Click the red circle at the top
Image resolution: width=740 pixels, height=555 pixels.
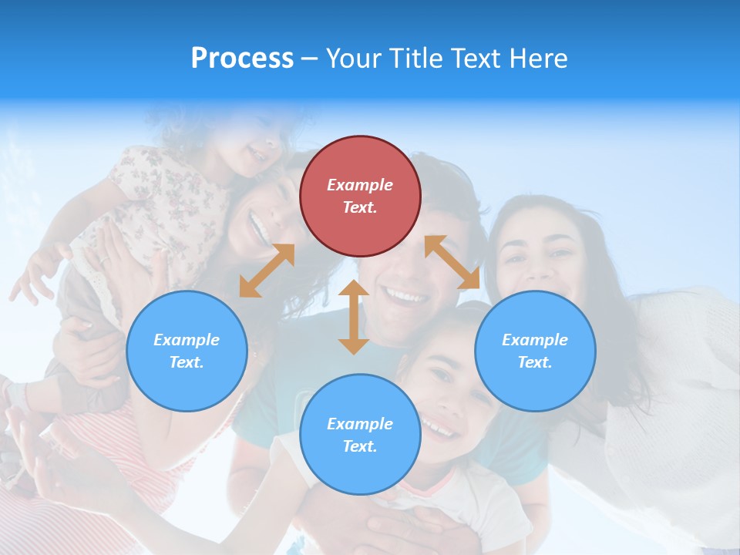360,196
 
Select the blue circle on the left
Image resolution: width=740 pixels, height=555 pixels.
187,351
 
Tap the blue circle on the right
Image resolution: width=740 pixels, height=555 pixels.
535,351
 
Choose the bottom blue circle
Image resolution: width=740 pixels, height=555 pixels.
360,435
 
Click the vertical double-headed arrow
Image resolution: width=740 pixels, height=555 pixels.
354,317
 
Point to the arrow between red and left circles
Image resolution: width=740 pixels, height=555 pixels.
267,271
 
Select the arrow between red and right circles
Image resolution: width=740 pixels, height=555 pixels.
452,262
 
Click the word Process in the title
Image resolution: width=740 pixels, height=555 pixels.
242,59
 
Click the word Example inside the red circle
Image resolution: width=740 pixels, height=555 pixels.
360,185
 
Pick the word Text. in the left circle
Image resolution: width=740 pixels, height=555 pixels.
187,362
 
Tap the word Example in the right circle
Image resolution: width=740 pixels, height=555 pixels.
535,340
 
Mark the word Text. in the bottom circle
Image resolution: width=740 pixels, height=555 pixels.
360,446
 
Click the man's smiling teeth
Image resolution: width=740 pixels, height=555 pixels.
406,295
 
